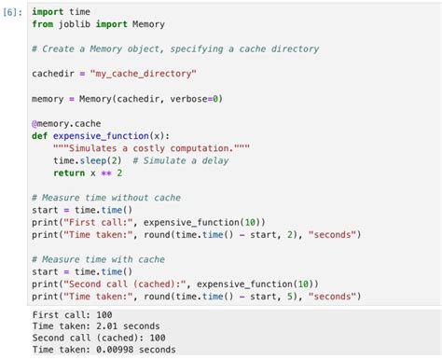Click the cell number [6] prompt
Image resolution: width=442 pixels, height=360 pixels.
(x=14, y=12)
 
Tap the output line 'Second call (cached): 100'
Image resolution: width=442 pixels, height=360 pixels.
(x=99, y=338)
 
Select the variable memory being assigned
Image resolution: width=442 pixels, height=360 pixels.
(x=47, y=98)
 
